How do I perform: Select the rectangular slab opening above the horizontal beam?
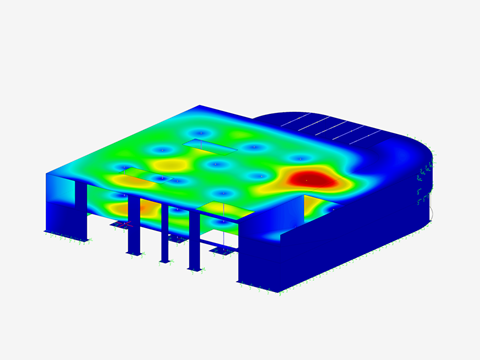point(217,206)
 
